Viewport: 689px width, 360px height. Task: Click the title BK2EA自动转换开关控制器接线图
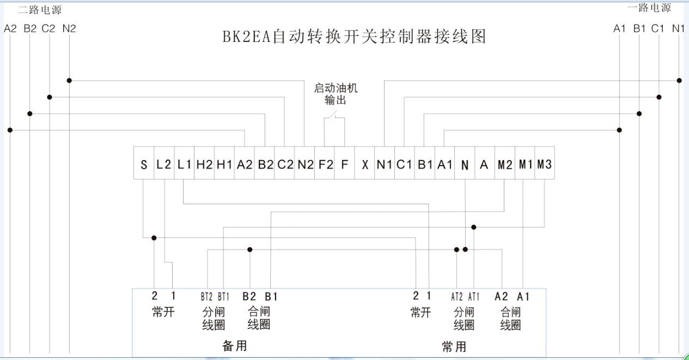pyautogui.click(x=353, y=36)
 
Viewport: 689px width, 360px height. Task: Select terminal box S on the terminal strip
pyautogui.click(x=144, y=164)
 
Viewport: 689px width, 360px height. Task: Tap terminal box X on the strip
pyautogui.click(x=364, y=164)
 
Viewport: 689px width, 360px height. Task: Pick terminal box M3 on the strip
pyautogui.click(x=544, y=163)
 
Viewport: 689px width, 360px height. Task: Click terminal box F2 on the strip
pyautogui.click(x=324, y=164)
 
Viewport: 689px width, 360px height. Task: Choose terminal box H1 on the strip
pyautogui.click(x=224, y=164)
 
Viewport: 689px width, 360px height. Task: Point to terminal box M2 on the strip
pyautogui.click(x=504, y=164)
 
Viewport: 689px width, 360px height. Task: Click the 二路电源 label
pyautogui.click(x=40, y=10)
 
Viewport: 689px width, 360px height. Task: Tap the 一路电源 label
pyautogui.click(x=649, y=8)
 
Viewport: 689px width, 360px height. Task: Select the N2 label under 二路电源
pyautogui.click(x=69, y=28)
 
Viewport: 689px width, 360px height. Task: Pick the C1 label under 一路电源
pyautogui.click(x=658, y=28)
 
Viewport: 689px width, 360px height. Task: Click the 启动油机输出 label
pyautogui.click(x=335, y=94)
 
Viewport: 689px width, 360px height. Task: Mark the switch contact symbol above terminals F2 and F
pyautogui.click(x=334, y=115)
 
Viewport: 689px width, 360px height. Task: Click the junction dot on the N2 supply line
pyautogui.click(x=69, y=81)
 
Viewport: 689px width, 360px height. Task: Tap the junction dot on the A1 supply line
pyautogui.click(x=619, y=130)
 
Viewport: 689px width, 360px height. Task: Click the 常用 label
pyautogui.click(x=454, y=346)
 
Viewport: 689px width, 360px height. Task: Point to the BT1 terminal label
pyautogui.click(x=223, y=297)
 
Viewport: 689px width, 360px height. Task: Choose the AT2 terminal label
pyautogui.click(x=456, y=297)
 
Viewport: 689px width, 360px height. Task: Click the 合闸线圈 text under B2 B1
pyautogui.click(x=259, y=318)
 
